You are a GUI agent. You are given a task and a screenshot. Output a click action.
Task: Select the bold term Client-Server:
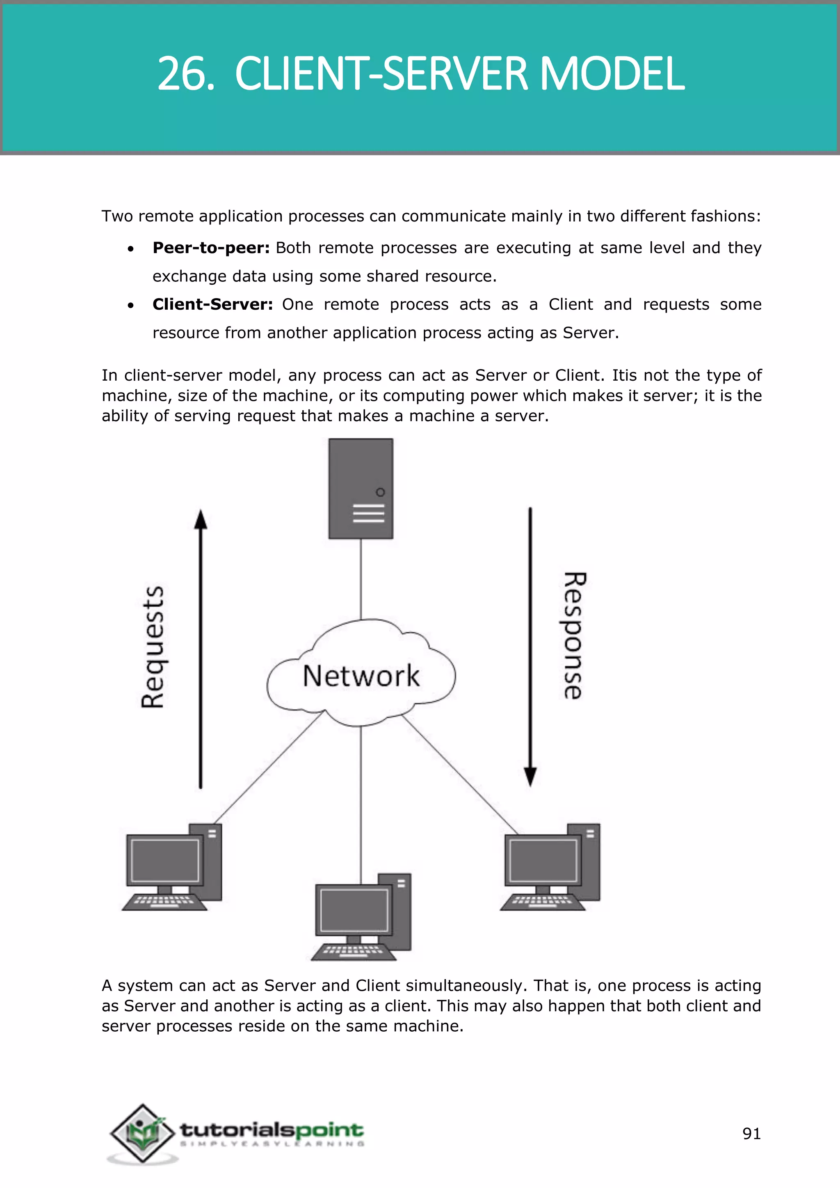point(212,304)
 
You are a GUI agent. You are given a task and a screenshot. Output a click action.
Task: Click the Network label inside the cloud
point(361,676)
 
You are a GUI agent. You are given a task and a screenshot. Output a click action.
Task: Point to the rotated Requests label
point(153,647)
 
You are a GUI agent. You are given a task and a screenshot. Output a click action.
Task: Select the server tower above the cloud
point(361,489)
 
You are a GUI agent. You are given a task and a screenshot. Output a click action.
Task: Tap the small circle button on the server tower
point(380,492)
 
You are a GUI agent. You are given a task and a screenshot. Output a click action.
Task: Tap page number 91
point(751,1134)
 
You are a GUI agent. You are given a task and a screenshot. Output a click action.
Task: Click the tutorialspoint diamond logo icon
point(142,1133)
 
